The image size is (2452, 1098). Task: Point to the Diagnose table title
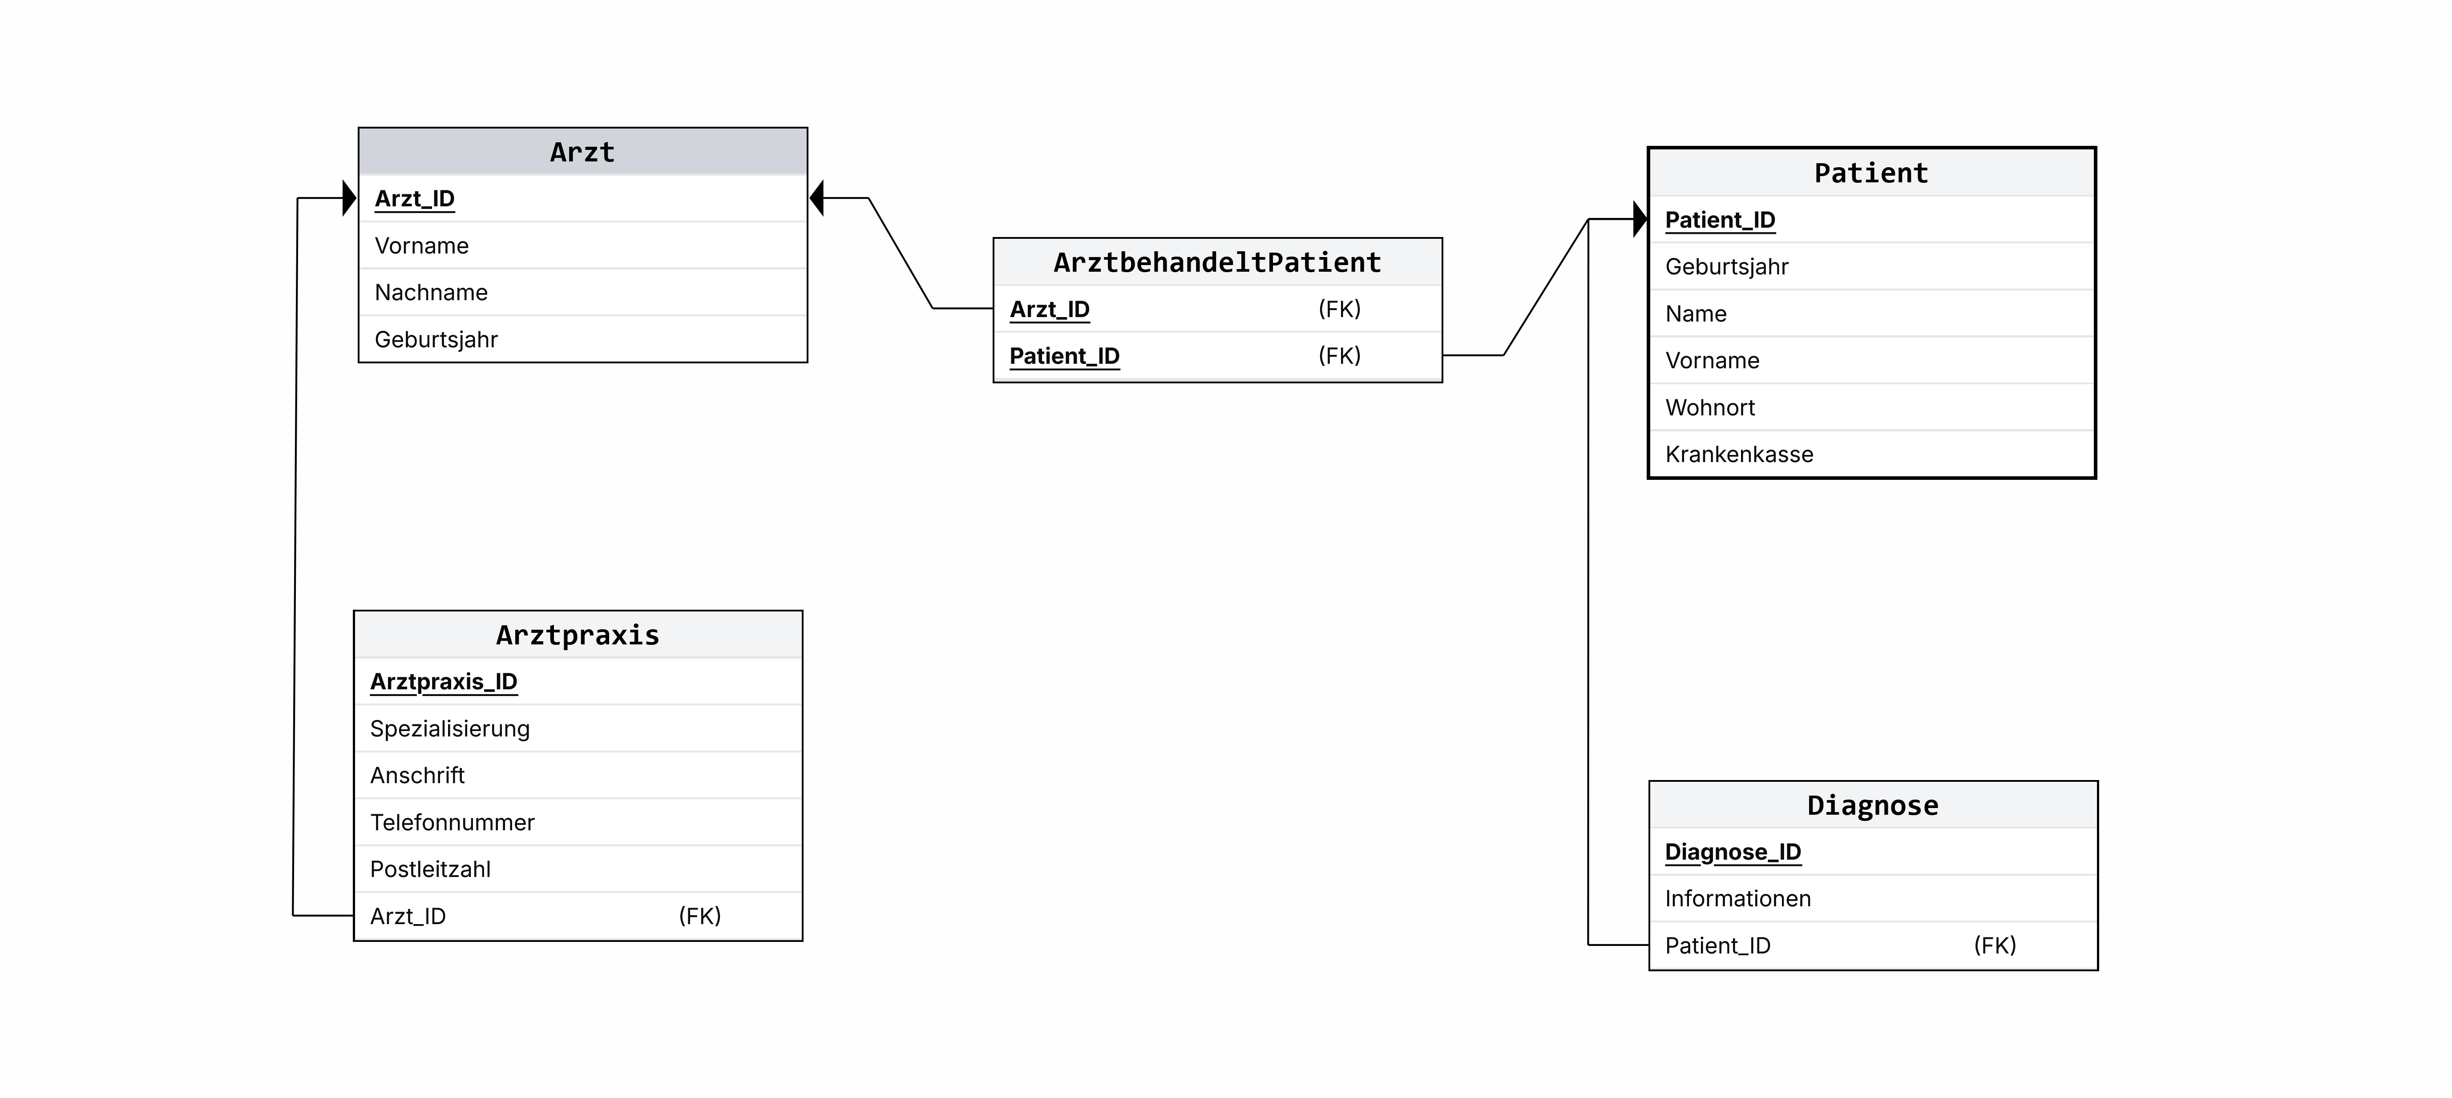pyautogui.click(x=1872, y=806)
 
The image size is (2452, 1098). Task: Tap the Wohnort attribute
pyautogui.click(x=1709, y=407)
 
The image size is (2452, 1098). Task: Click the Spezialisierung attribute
pyautogui.click(x=449, y=729)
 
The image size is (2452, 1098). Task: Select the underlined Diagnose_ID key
pyautogui.click(x=1733, y=853)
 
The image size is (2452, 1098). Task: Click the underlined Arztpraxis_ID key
pyautogui.click(x=444, y=682)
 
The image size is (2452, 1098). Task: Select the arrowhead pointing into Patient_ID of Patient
pyautogui.click(x=1640, y=219)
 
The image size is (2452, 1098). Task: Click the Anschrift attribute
pyautogui.click(x=417, y=776)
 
